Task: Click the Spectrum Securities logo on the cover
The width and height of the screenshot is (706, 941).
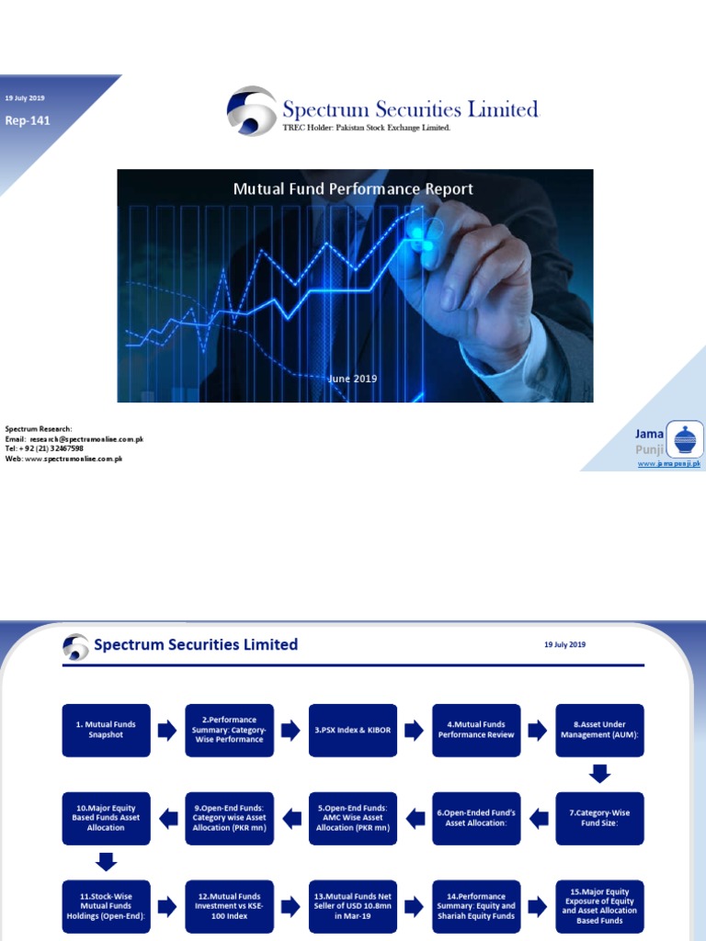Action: (x=251, y=111)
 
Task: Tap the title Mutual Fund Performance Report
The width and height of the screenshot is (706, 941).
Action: (x=353, y=189)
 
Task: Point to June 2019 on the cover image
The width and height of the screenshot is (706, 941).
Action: (x=353, y=379)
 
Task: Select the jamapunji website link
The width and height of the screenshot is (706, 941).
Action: (x=668, y=465)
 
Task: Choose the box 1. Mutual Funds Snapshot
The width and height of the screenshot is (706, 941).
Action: (x=106, y=731)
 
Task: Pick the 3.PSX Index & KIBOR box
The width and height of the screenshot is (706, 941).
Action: (x=353, y=731)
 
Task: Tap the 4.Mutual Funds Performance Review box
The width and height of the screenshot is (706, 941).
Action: (x=476, y=731)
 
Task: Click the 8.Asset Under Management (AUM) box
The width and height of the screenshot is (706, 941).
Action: (x=599, y=731)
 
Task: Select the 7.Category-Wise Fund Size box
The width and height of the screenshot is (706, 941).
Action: (x=599, y=819)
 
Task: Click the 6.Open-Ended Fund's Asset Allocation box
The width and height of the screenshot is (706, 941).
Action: (x=476, y=819)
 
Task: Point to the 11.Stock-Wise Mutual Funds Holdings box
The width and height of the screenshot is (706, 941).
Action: (x=106, y=906)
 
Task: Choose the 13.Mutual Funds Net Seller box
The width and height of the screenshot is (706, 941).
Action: (x=353, y=906)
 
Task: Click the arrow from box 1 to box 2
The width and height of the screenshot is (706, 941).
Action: (x=167, y=731)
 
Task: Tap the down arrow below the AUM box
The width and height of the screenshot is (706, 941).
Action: (x=599, y=775)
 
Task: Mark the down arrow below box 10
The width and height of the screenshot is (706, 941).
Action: (x=106, y=862)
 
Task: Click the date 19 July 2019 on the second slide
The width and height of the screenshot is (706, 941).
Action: (x=564, y=645)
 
